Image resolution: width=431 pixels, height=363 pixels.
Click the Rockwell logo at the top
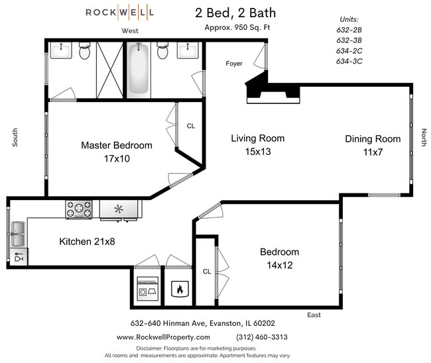(119, 13)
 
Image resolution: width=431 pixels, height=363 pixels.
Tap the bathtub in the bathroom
(139, 70)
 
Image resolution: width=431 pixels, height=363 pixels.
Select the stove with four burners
(79, 209)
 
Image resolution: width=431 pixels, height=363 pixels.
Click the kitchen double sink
(18, 234)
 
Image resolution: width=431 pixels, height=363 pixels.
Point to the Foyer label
(234, 64)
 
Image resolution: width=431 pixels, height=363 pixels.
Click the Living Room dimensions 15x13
(258, 152)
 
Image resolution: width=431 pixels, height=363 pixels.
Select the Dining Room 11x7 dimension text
(373, 152)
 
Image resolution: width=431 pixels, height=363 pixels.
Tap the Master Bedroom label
(117, 145)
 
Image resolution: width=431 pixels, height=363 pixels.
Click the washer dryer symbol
(148, 288)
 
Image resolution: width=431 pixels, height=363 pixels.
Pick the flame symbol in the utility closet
(180, 289)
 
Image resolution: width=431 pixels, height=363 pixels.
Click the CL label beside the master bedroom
(191, 126)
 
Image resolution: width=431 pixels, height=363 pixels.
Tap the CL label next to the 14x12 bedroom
(207, 272)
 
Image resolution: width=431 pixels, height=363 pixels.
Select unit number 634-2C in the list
(349, 51)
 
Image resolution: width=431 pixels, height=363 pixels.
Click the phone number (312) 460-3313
(262, 337)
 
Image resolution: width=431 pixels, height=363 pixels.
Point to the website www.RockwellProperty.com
(163, 337)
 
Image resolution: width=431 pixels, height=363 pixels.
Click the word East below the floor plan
(314, 315)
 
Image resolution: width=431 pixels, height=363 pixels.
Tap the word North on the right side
(424, 137)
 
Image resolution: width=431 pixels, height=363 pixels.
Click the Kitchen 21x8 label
(87, 242)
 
